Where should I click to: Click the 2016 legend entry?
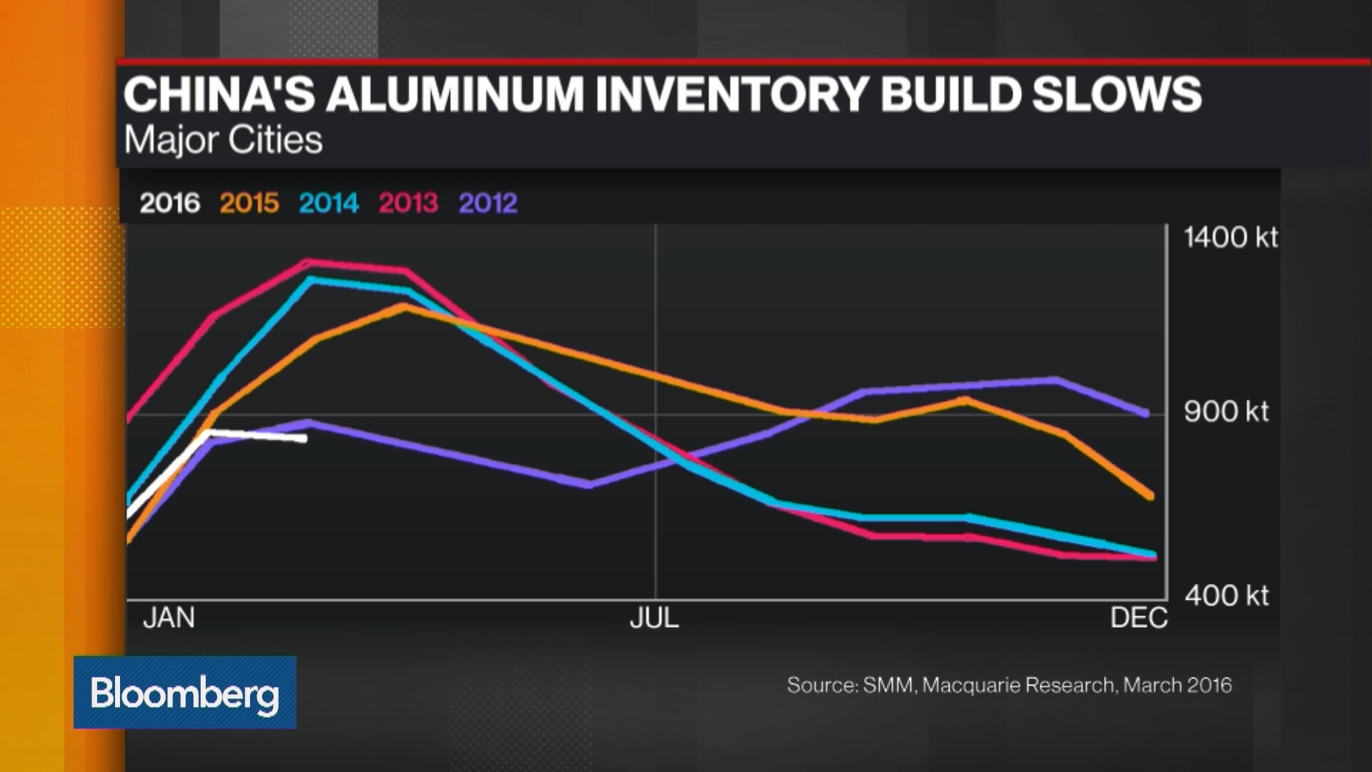169,204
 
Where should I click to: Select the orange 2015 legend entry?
249,204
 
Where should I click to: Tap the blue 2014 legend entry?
328,204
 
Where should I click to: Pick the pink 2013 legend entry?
408,204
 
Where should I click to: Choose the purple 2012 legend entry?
487,204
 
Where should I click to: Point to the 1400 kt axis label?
1230,237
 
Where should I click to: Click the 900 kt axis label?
1226,412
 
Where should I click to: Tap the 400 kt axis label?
1226,595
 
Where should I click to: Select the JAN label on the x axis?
169,618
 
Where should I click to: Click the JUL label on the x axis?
654,618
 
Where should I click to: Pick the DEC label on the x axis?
1138,618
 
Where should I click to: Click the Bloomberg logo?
184,693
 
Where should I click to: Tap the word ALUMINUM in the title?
455,95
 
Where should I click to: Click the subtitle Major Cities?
223,140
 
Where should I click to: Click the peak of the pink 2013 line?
307,262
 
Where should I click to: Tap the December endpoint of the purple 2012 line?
1145,413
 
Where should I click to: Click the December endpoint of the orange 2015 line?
1150,495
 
